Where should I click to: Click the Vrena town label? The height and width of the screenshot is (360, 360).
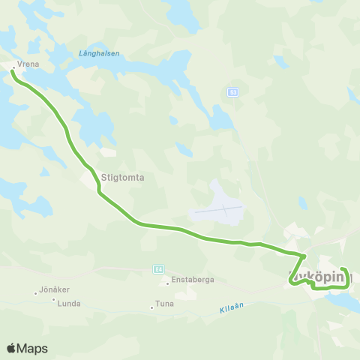click(28, 65)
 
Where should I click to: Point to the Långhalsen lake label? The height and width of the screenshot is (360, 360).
click(100, 53)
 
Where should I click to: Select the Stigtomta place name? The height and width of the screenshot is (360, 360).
click(121, 178)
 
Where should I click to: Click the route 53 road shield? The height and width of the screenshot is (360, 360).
click(232, 91)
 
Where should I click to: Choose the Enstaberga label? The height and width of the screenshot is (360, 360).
click(193, 279)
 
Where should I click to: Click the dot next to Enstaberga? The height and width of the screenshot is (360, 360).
click(167, 283)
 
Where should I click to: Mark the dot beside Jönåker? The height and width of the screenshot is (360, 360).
click(35, 293)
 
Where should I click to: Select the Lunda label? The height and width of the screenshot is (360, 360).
click(69, 303)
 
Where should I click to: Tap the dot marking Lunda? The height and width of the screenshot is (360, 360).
click(53, 299)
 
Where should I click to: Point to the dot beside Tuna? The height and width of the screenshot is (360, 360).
click(151, 307)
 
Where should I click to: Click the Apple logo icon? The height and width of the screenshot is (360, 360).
click(12, 348)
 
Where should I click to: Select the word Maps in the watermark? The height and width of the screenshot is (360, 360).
click(33, 349)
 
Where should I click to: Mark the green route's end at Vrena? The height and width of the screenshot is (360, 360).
click(13, 71)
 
